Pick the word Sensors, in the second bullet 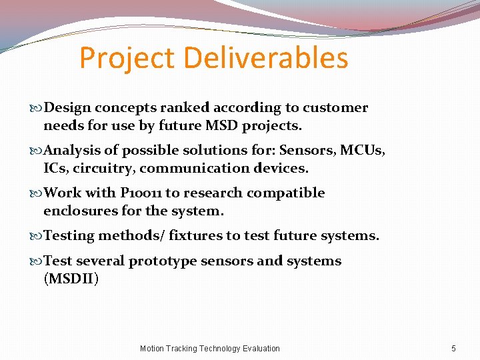point(308,150)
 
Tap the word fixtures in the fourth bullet point(197,235)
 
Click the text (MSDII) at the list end point(71,278)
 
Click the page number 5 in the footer point(453,348)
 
